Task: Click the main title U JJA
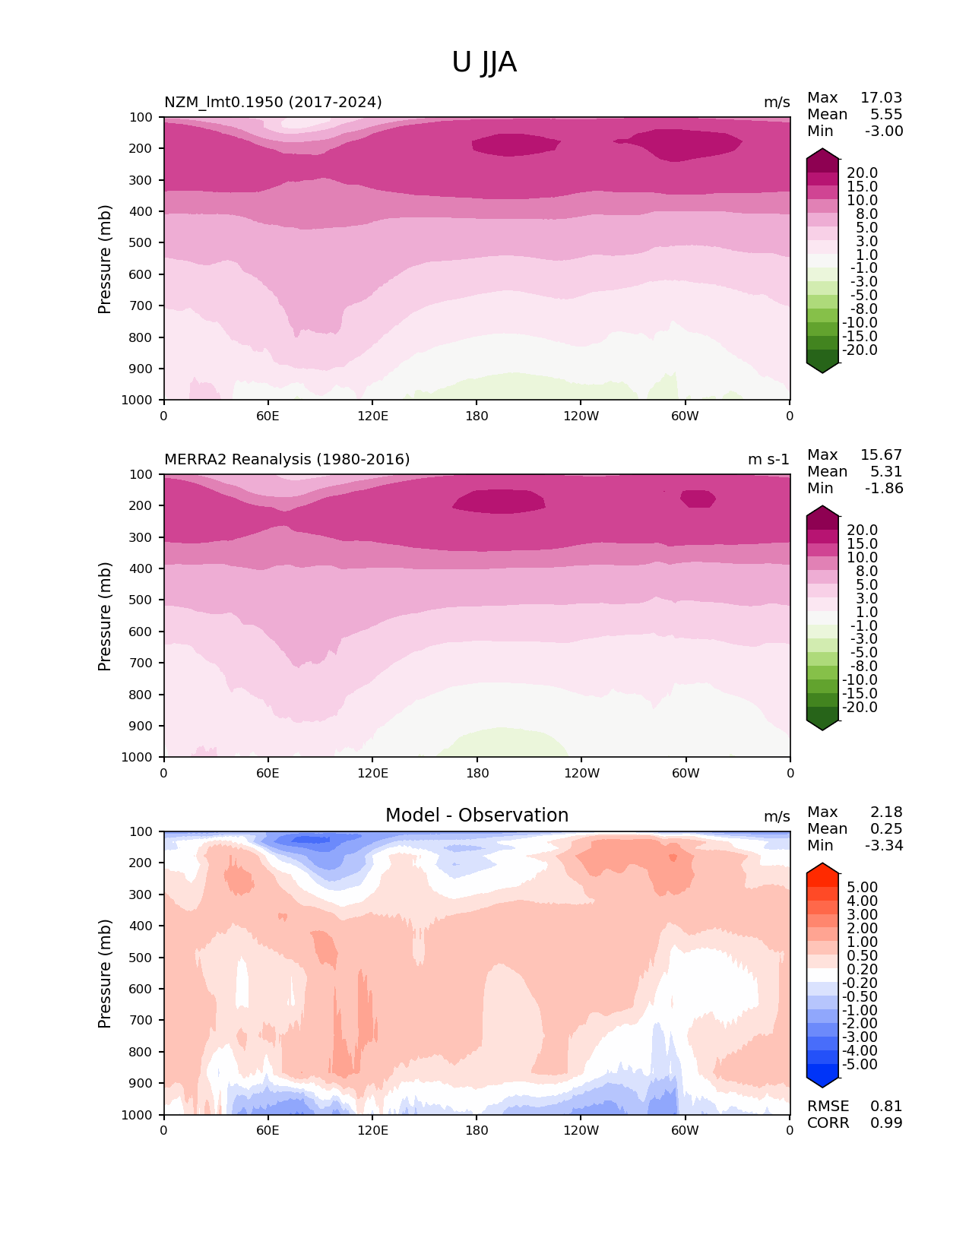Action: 484,62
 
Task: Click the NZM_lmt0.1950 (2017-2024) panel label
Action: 273,103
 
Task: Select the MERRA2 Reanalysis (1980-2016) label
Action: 287,460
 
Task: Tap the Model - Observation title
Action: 477,815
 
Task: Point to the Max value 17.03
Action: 881,98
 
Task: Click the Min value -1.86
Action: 884,489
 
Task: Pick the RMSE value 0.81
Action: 886,1107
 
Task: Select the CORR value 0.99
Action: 886,1123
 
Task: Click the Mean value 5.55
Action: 886,115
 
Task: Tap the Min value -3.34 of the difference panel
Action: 884,846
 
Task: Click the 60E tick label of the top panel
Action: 268,416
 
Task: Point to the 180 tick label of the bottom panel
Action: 477,1130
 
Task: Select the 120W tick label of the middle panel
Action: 581,773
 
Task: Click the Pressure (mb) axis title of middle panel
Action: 105,616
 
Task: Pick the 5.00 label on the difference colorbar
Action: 862,888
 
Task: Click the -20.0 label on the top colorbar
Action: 860,350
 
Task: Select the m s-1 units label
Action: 768,460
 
